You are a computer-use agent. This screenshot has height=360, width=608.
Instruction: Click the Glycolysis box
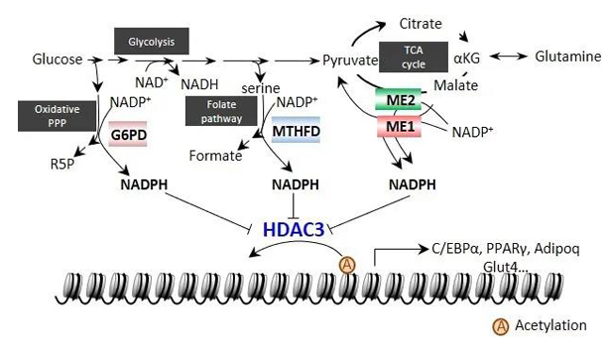151,41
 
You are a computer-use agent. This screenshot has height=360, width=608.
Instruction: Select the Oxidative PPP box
57,116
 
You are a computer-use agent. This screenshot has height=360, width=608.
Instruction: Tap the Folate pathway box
221,111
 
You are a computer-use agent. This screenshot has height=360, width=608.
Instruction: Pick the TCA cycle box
414,57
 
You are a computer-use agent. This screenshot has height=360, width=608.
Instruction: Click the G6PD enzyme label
128,134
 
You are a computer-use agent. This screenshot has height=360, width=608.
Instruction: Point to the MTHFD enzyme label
296,130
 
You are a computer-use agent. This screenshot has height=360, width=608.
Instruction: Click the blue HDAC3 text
294,229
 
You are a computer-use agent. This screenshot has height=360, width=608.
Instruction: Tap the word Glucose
58,60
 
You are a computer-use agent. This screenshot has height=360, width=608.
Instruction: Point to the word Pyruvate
350,60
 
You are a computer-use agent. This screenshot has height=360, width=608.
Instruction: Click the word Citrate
421,24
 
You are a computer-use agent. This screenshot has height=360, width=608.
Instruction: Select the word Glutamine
567,57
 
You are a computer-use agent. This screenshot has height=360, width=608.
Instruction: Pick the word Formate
215,156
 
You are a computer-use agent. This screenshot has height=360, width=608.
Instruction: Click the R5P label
62,164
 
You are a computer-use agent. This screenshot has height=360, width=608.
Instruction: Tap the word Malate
455,85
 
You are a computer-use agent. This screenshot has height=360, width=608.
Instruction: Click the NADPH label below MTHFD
296,184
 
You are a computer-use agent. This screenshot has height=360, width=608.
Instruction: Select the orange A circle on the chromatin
347,266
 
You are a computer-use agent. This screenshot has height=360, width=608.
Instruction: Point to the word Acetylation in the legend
550,325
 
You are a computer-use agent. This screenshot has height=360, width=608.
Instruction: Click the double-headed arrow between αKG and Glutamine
509,57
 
